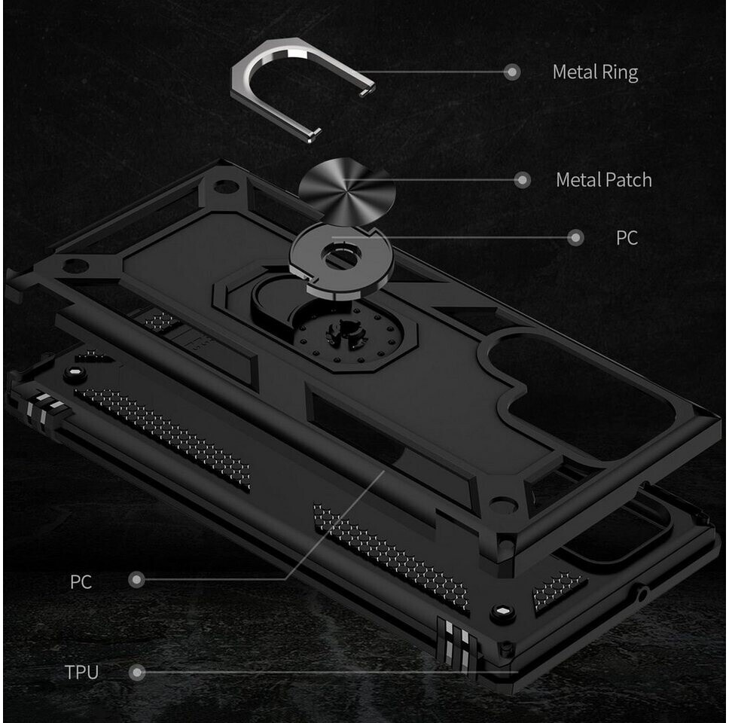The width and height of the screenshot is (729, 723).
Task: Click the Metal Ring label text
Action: click(595, 72)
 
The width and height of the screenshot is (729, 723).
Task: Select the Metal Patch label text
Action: click(603, 180)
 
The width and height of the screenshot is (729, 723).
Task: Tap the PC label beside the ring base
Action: click(627, 238)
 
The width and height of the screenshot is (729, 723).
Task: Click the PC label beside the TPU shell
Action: click(81, 581)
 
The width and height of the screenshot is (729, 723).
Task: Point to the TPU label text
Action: click(81, 672)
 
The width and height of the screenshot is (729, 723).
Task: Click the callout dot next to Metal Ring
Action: click(512, 72)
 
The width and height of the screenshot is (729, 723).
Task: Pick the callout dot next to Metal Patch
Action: click(522, 180)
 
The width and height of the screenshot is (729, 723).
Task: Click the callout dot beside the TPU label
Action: click(137, 672)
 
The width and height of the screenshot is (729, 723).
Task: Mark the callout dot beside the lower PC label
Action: click(136, 580)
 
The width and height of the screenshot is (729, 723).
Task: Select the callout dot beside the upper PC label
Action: click(576, 238)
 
